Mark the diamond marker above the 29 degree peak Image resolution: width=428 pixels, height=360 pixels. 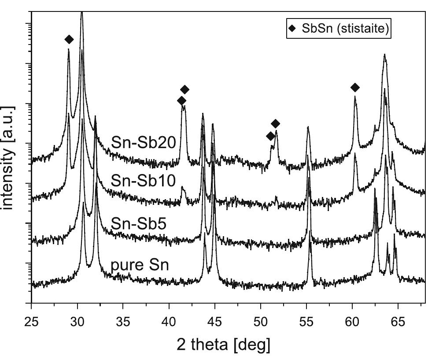pyautogui.click(x=69, y=40)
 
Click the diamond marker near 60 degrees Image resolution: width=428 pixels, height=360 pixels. pyautogui.click(x=355, y=88)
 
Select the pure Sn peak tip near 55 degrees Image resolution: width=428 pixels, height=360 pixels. pyautogui.click(x=310, y=243)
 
